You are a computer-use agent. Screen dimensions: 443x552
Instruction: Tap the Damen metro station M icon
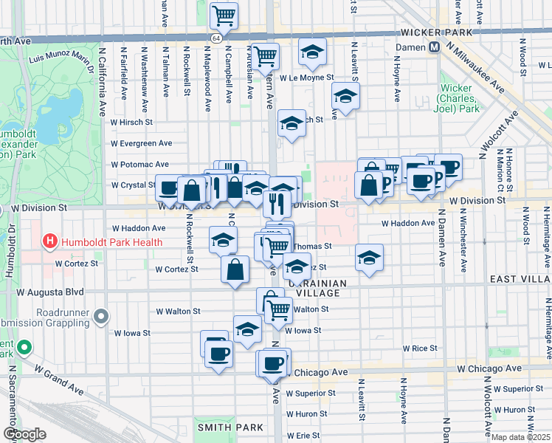435,47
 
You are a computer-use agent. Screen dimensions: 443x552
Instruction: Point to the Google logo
24,434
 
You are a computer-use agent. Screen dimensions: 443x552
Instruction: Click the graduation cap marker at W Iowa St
247,329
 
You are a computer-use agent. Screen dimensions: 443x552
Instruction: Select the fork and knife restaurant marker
277,203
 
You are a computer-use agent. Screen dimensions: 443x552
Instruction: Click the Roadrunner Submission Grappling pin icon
102,317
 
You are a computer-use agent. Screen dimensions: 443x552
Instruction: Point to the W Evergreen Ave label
142,143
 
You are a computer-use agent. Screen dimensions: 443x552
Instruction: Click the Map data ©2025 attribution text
521,437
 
